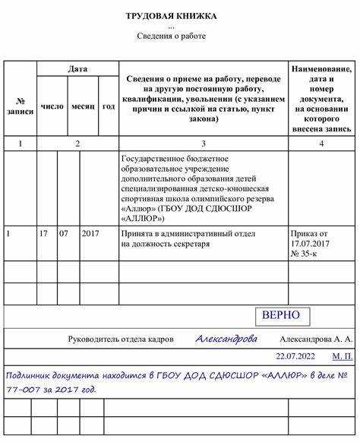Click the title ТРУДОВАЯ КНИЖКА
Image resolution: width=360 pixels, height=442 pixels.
tap(171, 15)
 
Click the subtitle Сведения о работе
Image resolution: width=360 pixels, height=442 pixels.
tap(171, 36)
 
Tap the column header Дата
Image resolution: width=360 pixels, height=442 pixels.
tap(77, 69)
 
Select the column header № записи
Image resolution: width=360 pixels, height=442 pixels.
tap(20, 106)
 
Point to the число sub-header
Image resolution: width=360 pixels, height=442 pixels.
tap(52, 106)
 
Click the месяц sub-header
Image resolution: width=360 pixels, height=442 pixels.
tap(83, 106)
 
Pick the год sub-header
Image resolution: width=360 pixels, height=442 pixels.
tap(109, 106)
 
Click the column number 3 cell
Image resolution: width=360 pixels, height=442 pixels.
tap(203, 143)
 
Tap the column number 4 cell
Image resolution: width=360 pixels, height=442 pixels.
tap(321, 143)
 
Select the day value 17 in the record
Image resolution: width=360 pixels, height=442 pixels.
tap(44, 234)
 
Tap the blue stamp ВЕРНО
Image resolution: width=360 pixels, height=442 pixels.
tap(280, 315)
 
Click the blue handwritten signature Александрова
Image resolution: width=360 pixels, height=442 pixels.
tap(226, 339)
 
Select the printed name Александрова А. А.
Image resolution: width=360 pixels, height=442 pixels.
tap(317, 339)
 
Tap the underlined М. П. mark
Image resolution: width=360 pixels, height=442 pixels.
tap(342, 355)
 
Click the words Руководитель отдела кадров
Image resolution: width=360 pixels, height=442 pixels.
tap(121, 339)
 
